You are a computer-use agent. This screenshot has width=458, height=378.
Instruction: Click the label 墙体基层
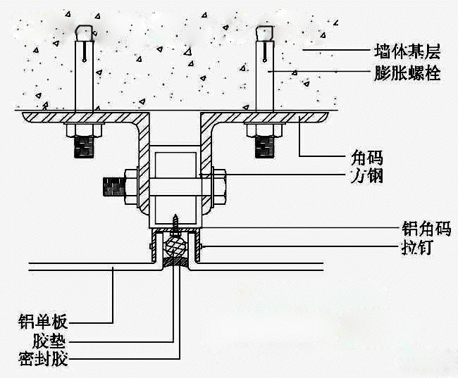click(407, 51)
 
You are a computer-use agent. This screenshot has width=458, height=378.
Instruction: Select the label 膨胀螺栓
click(407, 72)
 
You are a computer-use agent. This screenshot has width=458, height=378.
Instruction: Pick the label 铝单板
click(42, 323)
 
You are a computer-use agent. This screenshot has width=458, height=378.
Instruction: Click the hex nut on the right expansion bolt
click(265, 131)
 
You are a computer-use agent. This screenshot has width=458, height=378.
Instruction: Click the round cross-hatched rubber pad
click(174, 246)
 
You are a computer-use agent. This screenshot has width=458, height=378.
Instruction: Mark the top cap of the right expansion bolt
click(265, 32)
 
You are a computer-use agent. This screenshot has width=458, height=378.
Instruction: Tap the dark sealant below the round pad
click(174, 263)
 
